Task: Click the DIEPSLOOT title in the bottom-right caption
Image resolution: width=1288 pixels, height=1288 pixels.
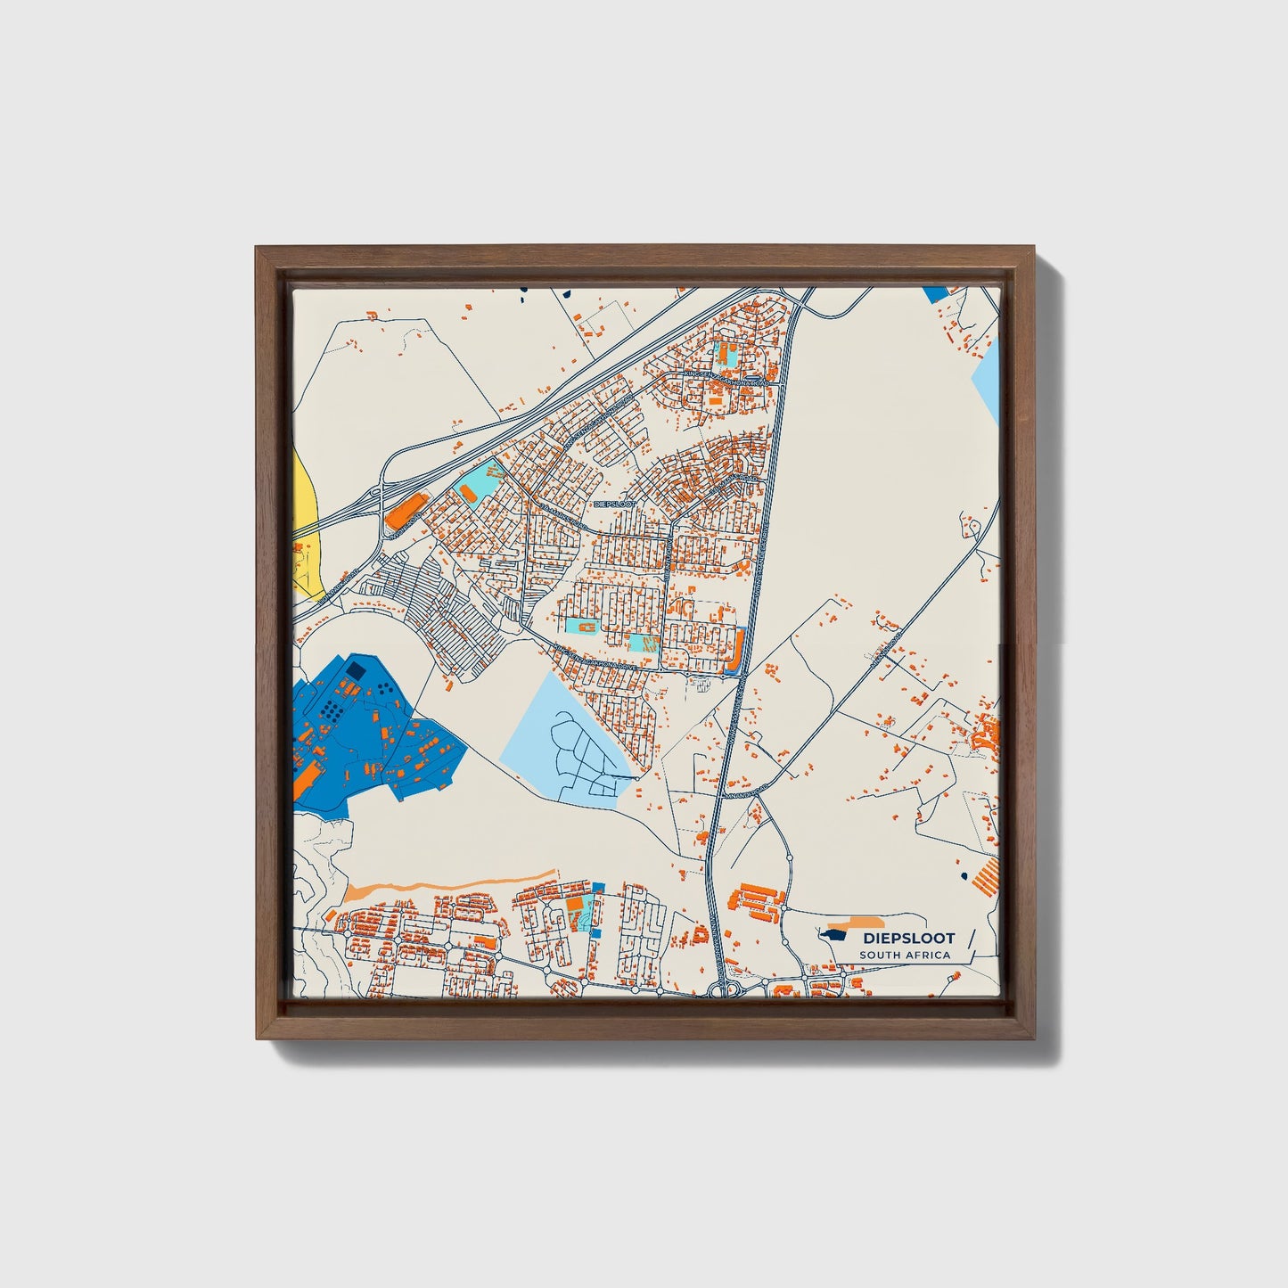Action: pyautogui.click(x=908, y=938)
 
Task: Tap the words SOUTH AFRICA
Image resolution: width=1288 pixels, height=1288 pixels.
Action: pyautogui.click(x=905, y=956)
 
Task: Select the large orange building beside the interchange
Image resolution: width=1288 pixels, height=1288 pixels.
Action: pyautogui.click(x=406, y=512)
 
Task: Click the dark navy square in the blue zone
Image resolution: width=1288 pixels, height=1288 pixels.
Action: pyautogui.click(x=356, y=669)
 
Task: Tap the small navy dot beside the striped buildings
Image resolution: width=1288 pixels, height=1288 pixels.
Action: pyautogui.click(x=964, y=878)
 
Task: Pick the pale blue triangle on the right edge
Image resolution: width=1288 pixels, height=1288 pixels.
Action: pyautogui.click(x=988, y=379)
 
